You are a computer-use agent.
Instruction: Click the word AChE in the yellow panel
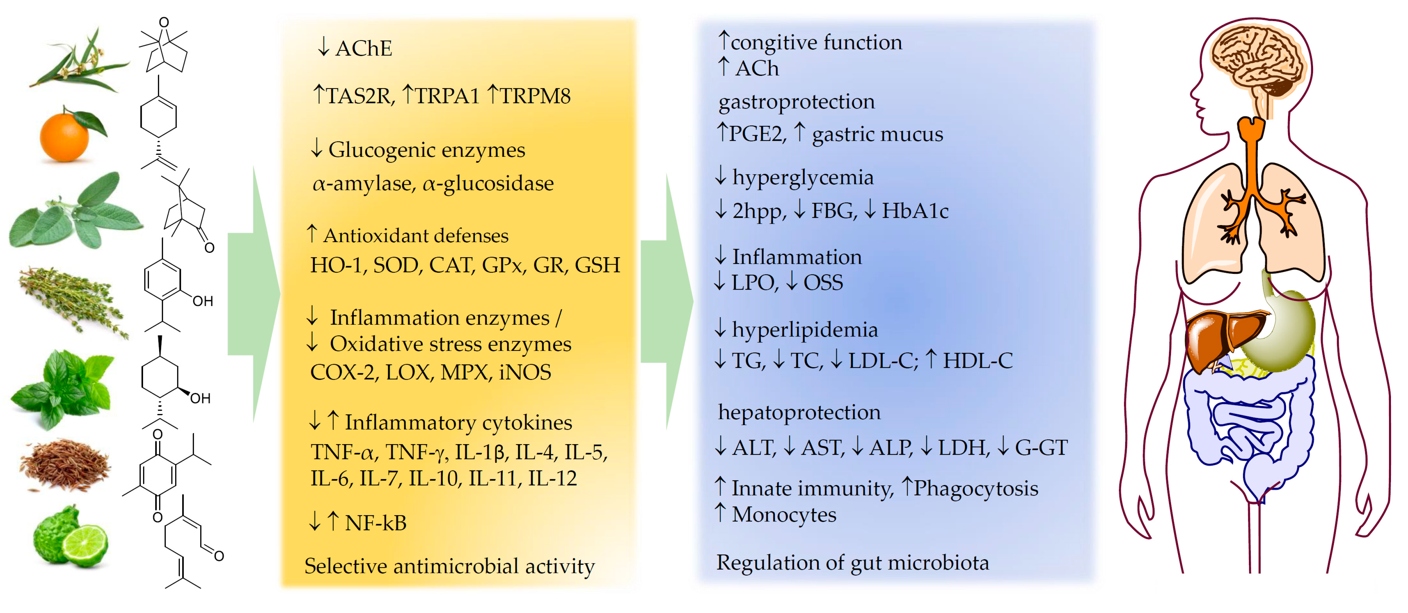point(363,49)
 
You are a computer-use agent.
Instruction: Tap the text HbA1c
point(915,211)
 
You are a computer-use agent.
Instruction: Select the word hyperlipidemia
point(805,330)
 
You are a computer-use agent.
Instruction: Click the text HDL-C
point(977,361)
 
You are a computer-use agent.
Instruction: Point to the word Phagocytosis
point(976,488)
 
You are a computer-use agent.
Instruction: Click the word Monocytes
point(784,515)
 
